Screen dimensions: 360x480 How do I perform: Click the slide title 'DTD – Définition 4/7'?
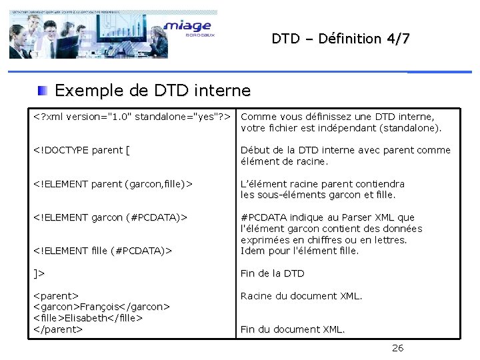341,39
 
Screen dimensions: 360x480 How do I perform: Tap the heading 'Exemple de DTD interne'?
153,90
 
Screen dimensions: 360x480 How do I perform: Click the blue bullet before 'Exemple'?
42,90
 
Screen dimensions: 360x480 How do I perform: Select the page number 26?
397,347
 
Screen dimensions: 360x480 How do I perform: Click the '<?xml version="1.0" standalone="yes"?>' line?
132,117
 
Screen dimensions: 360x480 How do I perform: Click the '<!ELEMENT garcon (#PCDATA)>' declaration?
110,217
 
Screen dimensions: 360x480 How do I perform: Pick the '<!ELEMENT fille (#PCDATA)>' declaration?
103,251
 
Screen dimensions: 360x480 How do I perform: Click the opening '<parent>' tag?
56,295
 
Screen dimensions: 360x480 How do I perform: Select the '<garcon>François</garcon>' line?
101,307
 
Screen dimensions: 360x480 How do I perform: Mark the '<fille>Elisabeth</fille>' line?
88,318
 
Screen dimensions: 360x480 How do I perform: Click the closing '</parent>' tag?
57,329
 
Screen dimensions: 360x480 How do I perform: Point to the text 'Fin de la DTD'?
272,273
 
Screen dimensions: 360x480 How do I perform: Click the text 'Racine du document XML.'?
301,295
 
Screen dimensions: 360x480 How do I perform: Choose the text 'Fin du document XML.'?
293,329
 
